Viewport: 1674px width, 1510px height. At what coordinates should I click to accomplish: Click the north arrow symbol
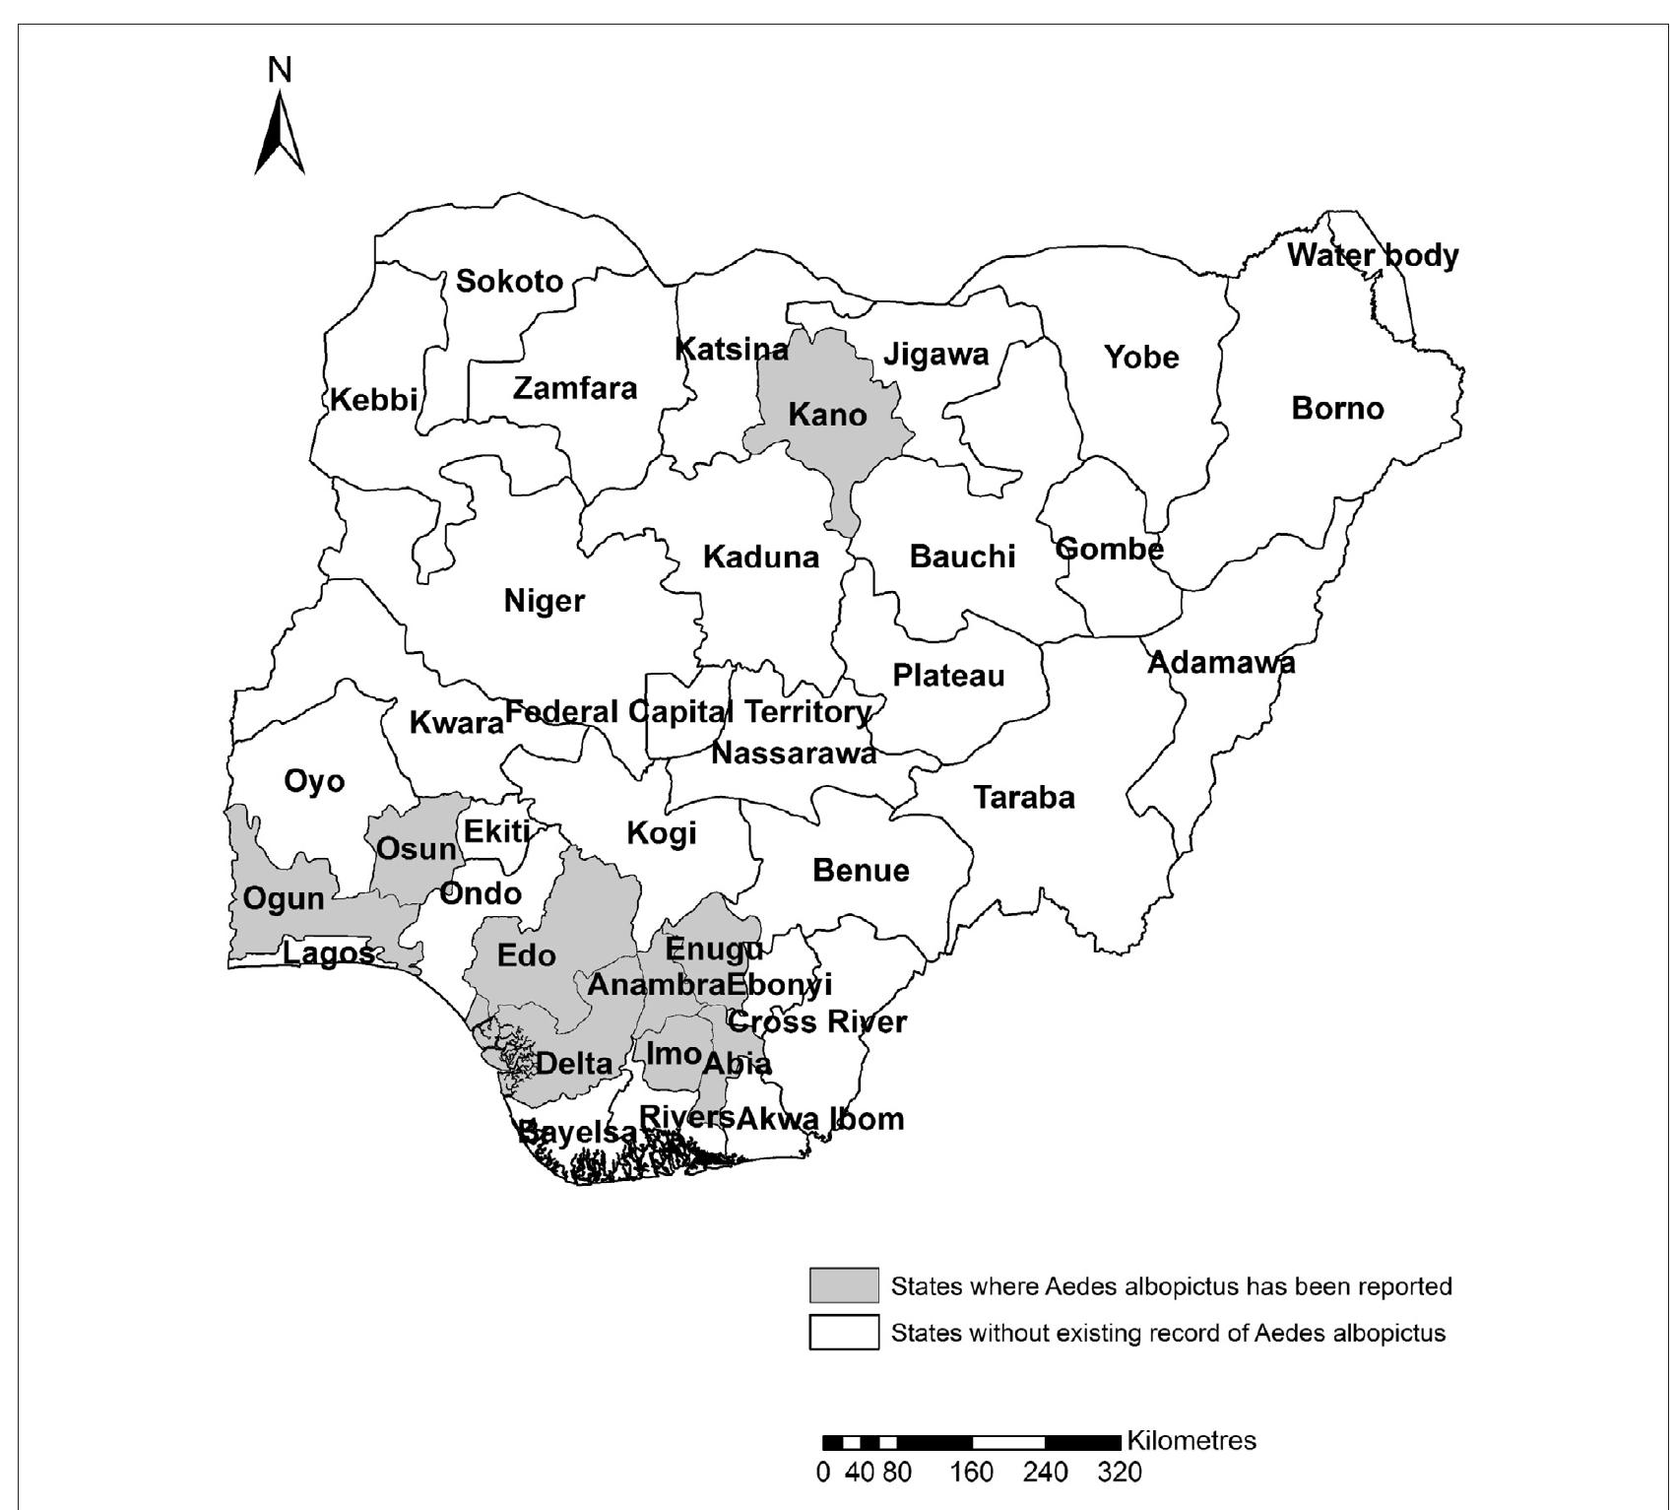[x=280, y=133]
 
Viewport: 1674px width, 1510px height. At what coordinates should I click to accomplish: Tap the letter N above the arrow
[x=280, y=70]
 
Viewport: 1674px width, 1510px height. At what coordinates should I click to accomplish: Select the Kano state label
[x=827, y=415]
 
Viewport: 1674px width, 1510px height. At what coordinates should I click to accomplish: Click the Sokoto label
[x=509, y=282]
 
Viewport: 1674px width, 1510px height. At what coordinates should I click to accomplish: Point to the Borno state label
[x=1337, y=408]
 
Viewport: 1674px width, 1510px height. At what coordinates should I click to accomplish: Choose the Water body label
[x=1373, y=256]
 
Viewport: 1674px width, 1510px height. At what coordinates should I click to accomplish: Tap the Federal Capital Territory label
[x=687, y=711]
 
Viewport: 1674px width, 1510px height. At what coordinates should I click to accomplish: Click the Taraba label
[x=1024, y=797]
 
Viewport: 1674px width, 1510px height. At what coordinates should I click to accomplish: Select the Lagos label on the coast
[x=329, y=953]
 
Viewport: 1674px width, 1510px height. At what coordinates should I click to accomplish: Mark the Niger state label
[x=545, y=601]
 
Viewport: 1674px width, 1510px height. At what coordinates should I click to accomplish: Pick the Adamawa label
[x=1221, y=662]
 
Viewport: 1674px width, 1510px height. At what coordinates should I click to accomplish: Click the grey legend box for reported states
[x=844, y=1285]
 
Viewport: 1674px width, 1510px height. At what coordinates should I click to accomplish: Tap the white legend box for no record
[x=844, y=1333]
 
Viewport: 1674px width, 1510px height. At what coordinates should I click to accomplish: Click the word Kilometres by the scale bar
[x=1191, y=1440]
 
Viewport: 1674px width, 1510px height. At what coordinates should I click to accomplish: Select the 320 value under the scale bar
[x=1120, y=1473]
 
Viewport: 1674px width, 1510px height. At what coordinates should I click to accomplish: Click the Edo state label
[x=527, y=955]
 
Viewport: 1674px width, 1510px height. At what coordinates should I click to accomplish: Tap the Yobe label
[x=1140, y=357]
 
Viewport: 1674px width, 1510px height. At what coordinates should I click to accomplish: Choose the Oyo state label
[x=314, y=782]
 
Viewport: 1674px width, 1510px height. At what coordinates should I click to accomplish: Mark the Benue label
[x=861, y=871]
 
